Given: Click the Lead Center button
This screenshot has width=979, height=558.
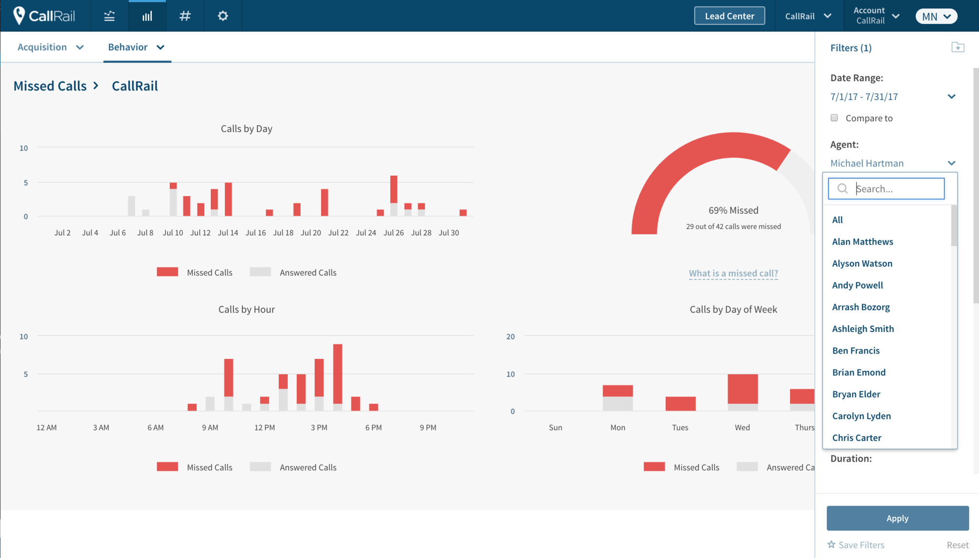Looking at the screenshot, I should [x=729, y=16].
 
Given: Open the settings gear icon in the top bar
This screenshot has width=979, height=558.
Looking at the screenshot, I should [x=223, y=16].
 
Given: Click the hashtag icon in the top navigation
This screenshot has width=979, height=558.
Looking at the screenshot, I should [x=185, y=16].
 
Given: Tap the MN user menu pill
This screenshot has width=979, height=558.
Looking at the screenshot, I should [x=936, y=16].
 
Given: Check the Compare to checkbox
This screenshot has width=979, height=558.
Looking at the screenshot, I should [x=834, y=118].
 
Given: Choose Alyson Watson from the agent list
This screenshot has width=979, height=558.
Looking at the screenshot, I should [x=862, y=264].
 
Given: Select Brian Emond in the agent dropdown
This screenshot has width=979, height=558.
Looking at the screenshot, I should [x=859, y=373].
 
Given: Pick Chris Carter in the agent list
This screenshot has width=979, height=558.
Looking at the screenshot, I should [x=857, y=438].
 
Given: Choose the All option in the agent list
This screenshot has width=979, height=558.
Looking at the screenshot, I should [x=838, y=220].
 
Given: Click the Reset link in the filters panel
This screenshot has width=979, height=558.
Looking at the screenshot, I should [x=957, y=545].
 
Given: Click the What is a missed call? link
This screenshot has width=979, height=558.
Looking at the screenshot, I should [x=733, y=273].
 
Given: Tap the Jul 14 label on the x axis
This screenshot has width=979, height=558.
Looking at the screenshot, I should [x=228, y=233].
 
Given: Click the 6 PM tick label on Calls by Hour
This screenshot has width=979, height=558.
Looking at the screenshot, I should [x=373, y=427].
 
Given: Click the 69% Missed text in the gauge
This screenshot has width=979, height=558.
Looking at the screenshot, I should [x=733, y=210].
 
